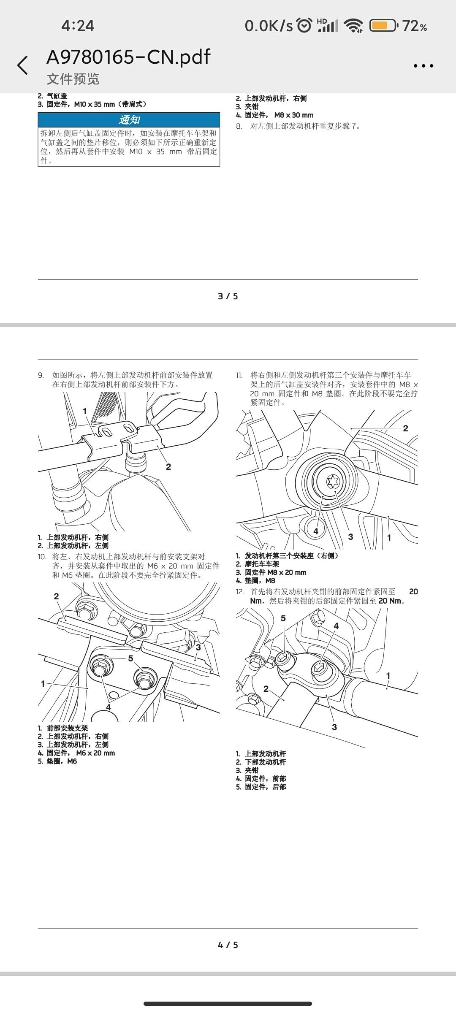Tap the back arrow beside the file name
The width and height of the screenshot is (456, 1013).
(23, 65)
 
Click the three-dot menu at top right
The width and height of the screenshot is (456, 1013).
(423, 66)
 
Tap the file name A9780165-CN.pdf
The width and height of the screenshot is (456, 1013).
(128, 57)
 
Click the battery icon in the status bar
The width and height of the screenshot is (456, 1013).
(383, 26)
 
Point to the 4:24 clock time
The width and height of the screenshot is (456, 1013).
(78, 26)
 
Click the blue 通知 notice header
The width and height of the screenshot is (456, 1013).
(129, 120)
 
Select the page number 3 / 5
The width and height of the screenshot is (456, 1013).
(228, 296)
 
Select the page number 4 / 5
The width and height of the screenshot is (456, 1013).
(228, 945)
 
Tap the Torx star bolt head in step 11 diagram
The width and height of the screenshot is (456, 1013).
(333, 481)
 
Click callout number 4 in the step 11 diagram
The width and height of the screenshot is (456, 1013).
(316, 531)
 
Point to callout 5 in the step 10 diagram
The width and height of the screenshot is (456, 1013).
(130, 658)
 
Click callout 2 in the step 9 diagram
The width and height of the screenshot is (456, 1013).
(168, 466)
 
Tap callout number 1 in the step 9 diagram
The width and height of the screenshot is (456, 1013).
(85, 411)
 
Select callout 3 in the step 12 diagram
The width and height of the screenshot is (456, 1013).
(334, 727)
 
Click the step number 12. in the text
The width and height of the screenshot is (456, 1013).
(240, 592)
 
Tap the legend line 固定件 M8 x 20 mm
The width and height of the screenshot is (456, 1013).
(275, 572)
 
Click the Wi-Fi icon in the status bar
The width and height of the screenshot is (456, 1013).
(353, 26)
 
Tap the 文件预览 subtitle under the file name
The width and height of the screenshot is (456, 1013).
(73, 79)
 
